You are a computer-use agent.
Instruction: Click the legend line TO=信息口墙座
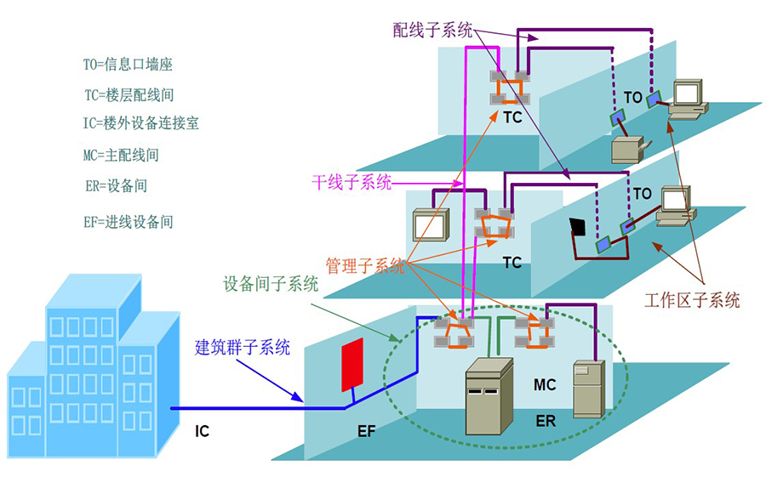(x=128, y=65)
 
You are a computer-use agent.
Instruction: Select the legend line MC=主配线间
(x=121, y=156)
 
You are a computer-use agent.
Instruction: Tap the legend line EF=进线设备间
(x=128, y=222)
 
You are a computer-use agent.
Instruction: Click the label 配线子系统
(x=432, y=31)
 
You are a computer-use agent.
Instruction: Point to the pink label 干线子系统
(x=352, y=182)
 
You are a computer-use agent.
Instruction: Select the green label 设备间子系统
(x=271, y=284)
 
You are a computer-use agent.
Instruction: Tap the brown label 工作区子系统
(x=692, y=300)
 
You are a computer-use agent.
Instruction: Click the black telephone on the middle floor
(x=579, y=226)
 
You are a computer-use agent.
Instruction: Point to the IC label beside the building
(x=202, y=431)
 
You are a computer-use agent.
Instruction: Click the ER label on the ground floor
(x=546, y=421)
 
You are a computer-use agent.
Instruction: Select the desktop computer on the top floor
(x=687, y=99)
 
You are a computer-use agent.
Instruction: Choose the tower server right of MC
(x=589, y=389)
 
